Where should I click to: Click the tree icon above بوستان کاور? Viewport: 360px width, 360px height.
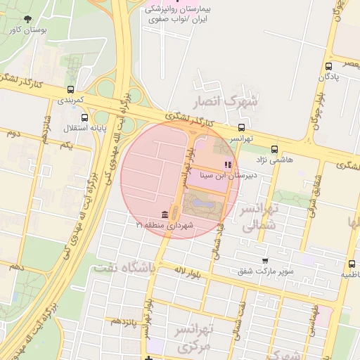click(x=27, y=19)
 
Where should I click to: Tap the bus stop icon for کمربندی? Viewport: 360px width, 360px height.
click(x=70, y=90)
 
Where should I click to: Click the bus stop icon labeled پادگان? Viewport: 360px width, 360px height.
click(x=328, y=66)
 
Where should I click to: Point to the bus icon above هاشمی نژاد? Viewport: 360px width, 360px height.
click(x=274, y=149)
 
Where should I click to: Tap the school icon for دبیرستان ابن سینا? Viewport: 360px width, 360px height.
click(x=226, y=165)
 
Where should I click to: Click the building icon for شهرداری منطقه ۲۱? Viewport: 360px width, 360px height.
click(x=164, y=214)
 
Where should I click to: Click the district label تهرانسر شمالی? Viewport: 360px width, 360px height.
click(x=260, y=217)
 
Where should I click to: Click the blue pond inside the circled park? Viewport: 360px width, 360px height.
click(x=199, y=205)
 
